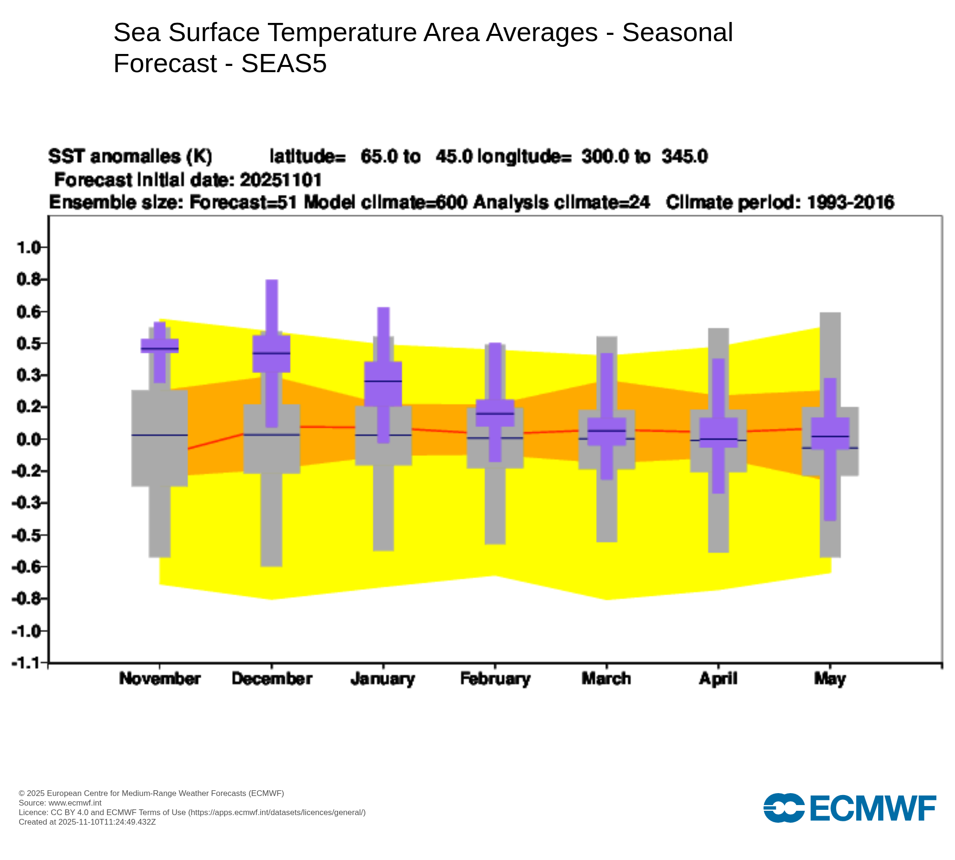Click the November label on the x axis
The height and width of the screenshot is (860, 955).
coord(160,679)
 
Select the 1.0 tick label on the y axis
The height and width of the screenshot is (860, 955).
coord(28,247)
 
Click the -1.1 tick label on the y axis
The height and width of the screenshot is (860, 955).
coord(26,663)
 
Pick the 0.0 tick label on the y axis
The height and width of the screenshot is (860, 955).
coord(28,439)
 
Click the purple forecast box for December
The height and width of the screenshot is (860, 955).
coord(271,354)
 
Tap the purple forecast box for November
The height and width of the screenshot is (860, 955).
coord(159,345)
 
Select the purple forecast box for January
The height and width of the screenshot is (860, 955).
coord(383,384)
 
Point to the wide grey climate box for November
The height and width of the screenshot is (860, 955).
coord(159,438)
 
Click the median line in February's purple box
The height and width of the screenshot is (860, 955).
coord(495,413)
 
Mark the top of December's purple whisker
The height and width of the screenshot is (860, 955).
coord(272,280)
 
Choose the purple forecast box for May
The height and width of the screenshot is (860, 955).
coord(830,433)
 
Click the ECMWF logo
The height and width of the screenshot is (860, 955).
coord(850,808)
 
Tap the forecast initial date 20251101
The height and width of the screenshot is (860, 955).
coord(281,180)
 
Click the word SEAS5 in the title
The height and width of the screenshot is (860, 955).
coord(284,63)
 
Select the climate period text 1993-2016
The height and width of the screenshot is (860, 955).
coord(850,203)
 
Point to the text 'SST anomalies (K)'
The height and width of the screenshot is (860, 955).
coord(130,156)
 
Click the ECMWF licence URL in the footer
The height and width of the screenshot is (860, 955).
coord(277,812)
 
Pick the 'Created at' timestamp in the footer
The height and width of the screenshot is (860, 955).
coord(87,822)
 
